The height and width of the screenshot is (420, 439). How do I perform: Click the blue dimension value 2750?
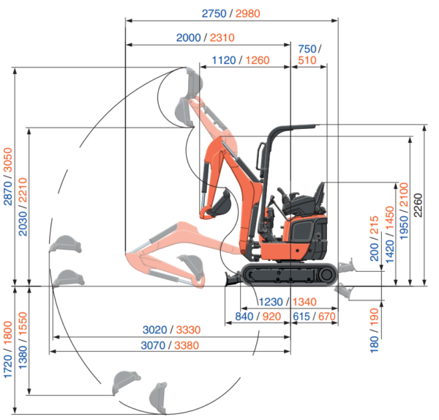coord(214,13)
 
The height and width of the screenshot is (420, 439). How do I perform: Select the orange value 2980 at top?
coord(248,13)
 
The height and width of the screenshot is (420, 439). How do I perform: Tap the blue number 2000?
coord(189,37)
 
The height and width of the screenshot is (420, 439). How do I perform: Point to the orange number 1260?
coord(258,60)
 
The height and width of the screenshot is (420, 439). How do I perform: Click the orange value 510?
coord(307,60)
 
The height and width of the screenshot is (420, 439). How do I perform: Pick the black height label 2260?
coord(418,205)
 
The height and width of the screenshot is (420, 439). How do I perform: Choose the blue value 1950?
coord(404,227)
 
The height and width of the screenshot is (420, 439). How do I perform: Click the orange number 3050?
coord(8,160)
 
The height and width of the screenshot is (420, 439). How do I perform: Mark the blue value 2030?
coord(23,224)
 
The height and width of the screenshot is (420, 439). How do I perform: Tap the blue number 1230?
coord(271,302)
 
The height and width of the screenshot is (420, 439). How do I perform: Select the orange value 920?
coord(272,317)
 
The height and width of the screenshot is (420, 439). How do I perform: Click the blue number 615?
coord(301,317)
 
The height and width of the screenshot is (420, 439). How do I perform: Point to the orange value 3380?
coord(187,345)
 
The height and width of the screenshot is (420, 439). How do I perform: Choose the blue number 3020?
coord(155,330)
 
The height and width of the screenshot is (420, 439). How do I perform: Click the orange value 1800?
coord(8,333)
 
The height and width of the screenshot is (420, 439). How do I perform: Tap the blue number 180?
coord(375,344)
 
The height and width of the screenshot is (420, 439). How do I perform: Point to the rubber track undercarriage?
coord(290,274)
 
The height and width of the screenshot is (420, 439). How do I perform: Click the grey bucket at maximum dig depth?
coord(159,398)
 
